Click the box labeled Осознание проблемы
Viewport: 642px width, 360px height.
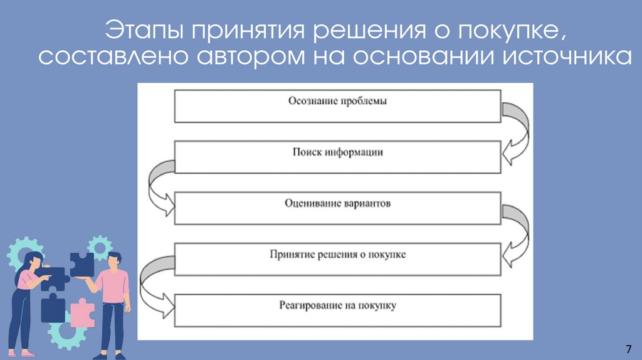[x=337, y=106]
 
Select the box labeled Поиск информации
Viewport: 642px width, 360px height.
[x=337, y=157]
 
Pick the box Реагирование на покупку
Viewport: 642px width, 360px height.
[x=337, y=310]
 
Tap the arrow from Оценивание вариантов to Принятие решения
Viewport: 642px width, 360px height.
[x=516, y=235]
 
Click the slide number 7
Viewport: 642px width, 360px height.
[x=628, y=349]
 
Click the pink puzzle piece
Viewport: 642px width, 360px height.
[x=82, y=312]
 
